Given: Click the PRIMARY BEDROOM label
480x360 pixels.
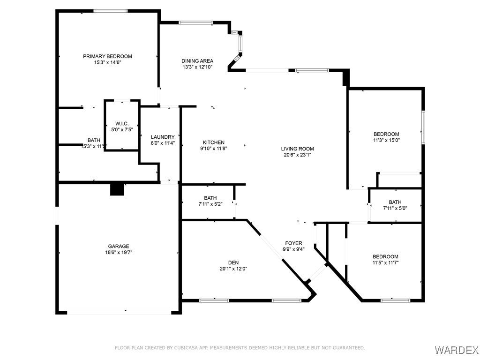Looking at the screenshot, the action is (107, 56).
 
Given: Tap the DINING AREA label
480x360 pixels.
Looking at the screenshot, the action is (197, 61).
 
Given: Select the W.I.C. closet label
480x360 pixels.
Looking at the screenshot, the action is (122, 124).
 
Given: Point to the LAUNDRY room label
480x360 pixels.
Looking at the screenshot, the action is (163, 137).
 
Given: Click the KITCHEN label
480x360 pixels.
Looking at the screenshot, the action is (214, 142).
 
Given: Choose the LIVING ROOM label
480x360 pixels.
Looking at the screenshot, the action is (297, 149).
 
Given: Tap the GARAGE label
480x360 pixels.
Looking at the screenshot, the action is (119, 246).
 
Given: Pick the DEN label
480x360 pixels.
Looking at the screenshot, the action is (233, 262).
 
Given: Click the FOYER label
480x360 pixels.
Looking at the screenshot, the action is (293, 243).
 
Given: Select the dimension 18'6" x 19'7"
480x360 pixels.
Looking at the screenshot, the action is (119, 253).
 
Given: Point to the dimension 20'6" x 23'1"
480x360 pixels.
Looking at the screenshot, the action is (297, 155).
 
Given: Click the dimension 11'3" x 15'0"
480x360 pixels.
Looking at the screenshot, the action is (386, 140).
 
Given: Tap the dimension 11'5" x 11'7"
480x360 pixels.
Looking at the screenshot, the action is (385, 262).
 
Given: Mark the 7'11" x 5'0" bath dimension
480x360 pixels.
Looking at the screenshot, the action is (395, 209).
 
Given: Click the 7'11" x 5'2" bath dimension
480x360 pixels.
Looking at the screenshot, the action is (210, 204).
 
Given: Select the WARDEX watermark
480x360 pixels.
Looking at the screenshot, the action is (457, 350).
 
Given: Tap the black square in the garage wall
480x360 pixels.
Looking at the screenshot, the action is (117, 189).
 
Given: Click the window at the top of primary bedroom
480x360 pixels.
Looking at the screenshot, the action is (111, 11).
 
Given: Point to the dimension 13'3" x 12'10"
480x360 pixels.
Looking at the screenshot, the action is (197, 67).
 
